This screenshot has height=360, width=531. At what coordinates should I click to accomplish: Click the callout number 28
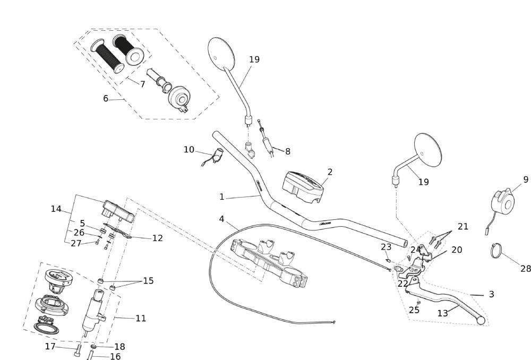[x=525, y=269]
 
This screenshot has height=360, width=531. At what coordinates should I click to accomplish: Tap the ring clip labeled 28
[x=496, y=250]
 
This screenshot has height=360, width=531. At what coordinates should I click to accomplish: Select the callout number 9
[x=526, y=179]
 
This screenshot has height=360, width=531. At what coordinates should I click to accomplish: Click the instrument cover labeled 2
[x=303, y=186]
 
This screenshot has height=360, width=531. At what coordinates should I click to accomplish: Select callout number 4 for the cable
[x=221, y=219]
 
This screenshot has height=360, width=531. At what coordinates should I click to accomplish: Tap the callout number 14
[x=56, y=209]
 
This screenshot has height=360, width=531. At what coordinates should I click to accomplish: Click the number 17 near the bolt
[x=50, y=346]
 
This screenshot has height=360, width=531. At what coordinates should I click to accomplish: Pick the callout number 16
[x=115, y=357]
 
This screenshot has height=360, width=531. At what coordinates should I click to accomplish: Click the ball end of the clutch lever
[x=481, y=320]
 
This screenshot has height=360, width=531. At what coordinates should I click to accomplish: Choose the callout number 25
[x=414, y=310]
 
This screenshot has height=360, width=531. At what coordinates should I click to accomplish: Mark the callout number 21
[x=463, y=226]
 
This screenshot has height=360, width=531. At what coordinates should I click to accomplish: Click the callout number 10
[x=189, y=150]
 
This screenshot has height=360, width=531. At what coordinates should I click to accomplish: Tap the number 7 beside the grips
[x=142, y=84]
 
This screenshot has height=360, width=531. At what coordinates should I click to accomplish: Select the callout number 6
[x=106, y=98]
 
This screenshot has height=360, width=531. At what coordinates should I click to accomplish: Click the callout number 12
[x=157, y=238]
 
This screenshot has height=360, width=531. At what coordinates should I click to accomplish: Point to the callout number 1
[x=222, y=196]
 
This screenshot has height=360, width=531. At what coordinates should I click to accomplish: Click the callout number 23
[x=386, y=246]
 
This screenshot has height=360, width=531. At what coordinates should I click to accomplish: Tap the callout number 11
[x=140, y=318]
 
